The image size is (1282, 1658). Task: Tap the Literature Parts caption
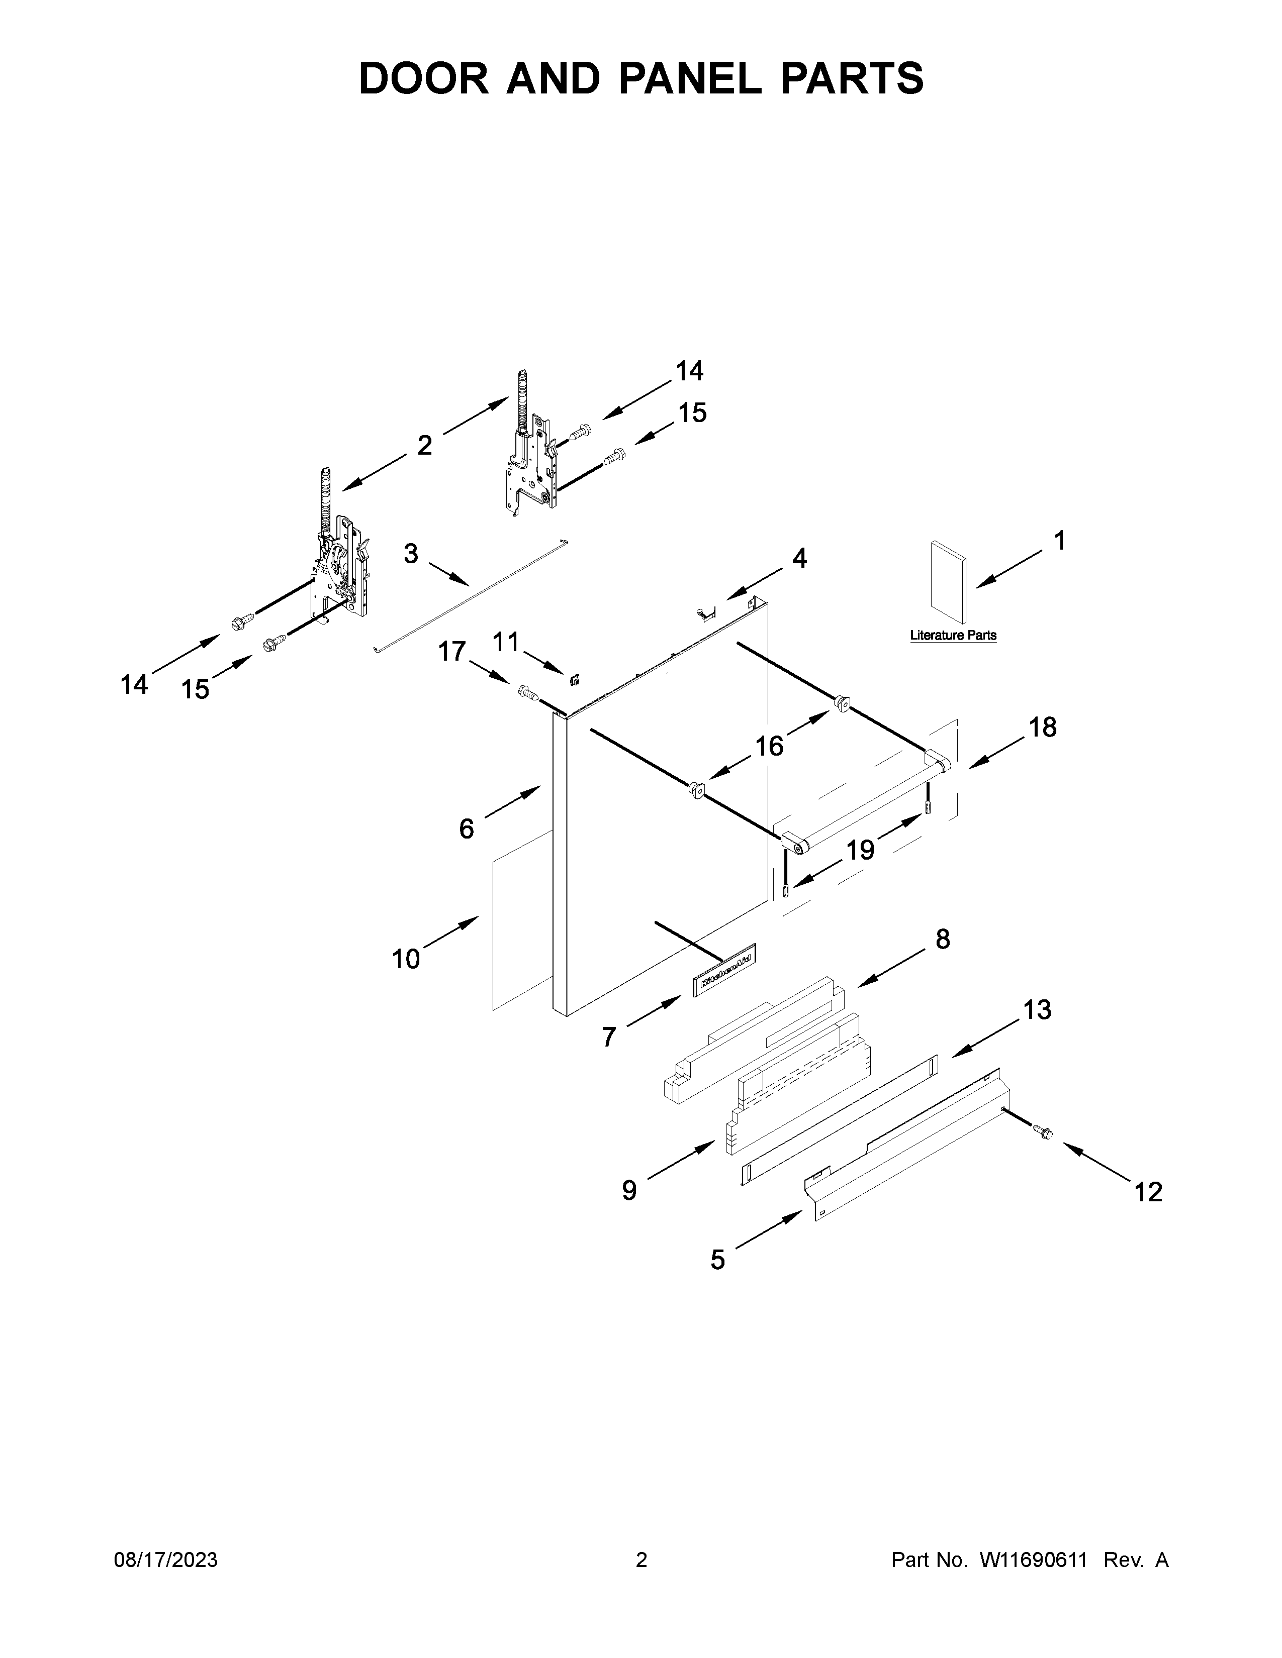pyautogui.click(x=953, y=636)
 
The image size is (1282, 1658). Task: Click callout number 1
pyautogui.click(x=1059, y=541)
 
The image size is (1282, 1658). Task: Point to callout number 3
pyautogui.click(x=411, y=554)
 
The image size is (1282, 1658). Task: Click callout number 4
pyautogui.click(x=799, y=559)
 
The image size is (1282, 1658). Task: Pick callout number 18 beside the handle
pyautogui.click(x=1042, y=728)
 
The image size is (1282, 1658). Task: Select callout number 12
pyautogui.click(x=1148, y=1192)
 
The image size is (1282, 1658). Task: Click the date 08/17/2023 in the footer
pyautogui.click(x=165, y=1560)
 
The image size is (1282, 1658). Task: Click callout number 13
pyautogui.click(x=1037, y=1010)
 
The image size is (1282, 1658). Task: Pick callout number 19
pyautogui.click(x=861, y=850)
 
